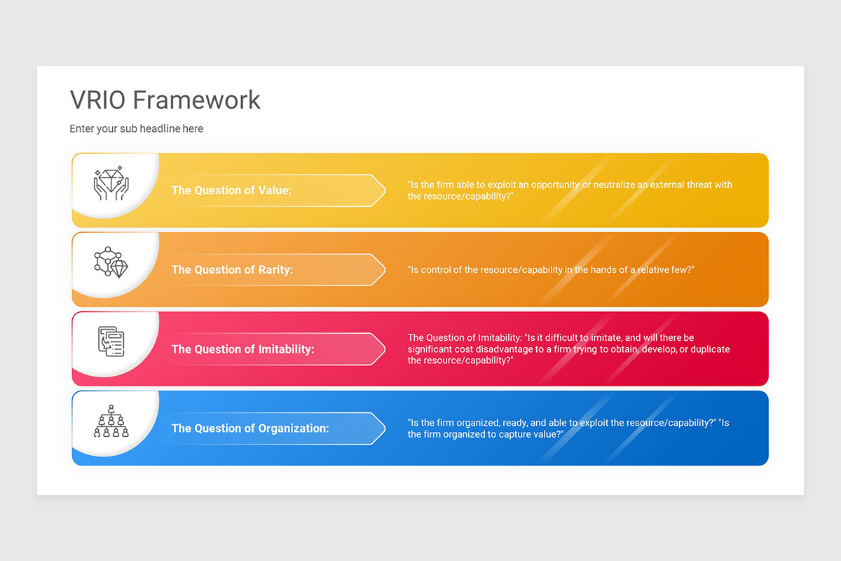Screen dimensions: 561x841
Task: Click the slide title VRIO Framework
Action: point(165,100)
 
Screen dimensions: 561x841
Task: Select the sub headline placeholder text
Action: point(136,129)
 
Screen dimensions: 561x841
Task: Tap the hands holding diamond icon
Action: point(111,183)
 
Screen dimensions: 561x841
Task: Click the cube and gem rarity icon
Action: point(111,262)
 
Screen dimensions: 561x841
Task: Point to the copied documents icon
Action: point(111,341)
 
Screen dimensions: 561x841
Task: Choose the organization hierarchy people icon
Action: point(111,421)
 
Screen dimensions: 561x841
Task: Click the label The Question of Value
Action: point(231,190)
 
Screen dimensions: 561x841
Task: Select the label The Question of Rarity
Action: point(232,269)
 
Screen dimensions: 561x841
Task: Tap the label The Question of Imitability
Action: point(242,349)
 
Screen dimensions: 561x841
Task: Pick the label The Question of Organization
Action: point(250,428)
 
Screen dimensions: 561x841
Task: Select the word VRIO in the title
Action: point(98,100)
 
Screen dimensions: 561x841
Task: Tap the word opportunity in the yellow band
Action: point(554,185)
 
